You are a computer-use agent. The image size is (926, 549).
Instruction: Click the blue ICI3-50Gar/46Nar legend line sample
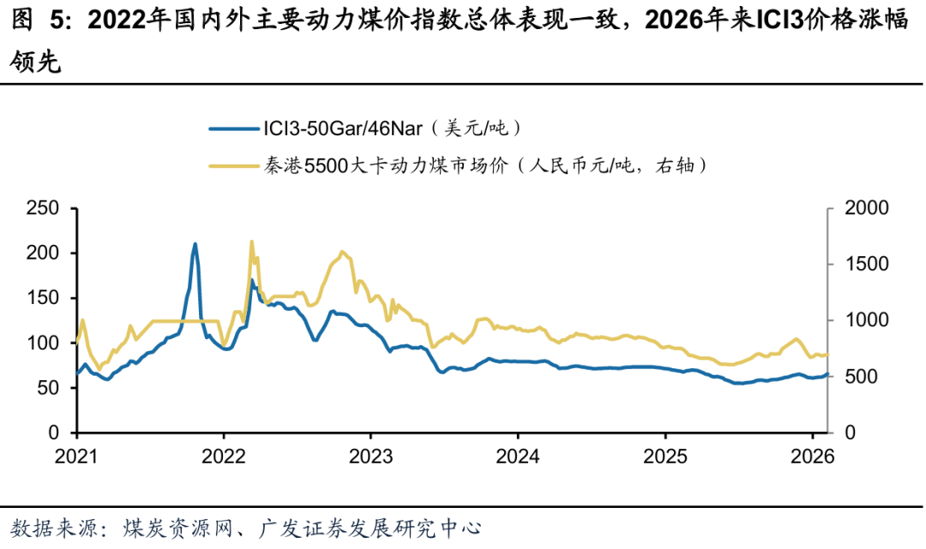point(231,129)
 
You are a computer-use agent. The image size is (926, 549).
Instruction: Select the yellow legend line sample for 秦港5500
point(231,165)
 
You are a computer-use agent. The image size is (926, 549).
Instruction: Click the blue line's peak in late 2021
point(195,244)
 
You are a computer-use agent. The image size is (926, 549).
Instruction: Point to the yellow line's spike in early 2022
point(251,242)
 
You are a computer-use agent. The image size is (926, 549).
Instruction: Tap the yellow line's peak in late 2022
point(343,252)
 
